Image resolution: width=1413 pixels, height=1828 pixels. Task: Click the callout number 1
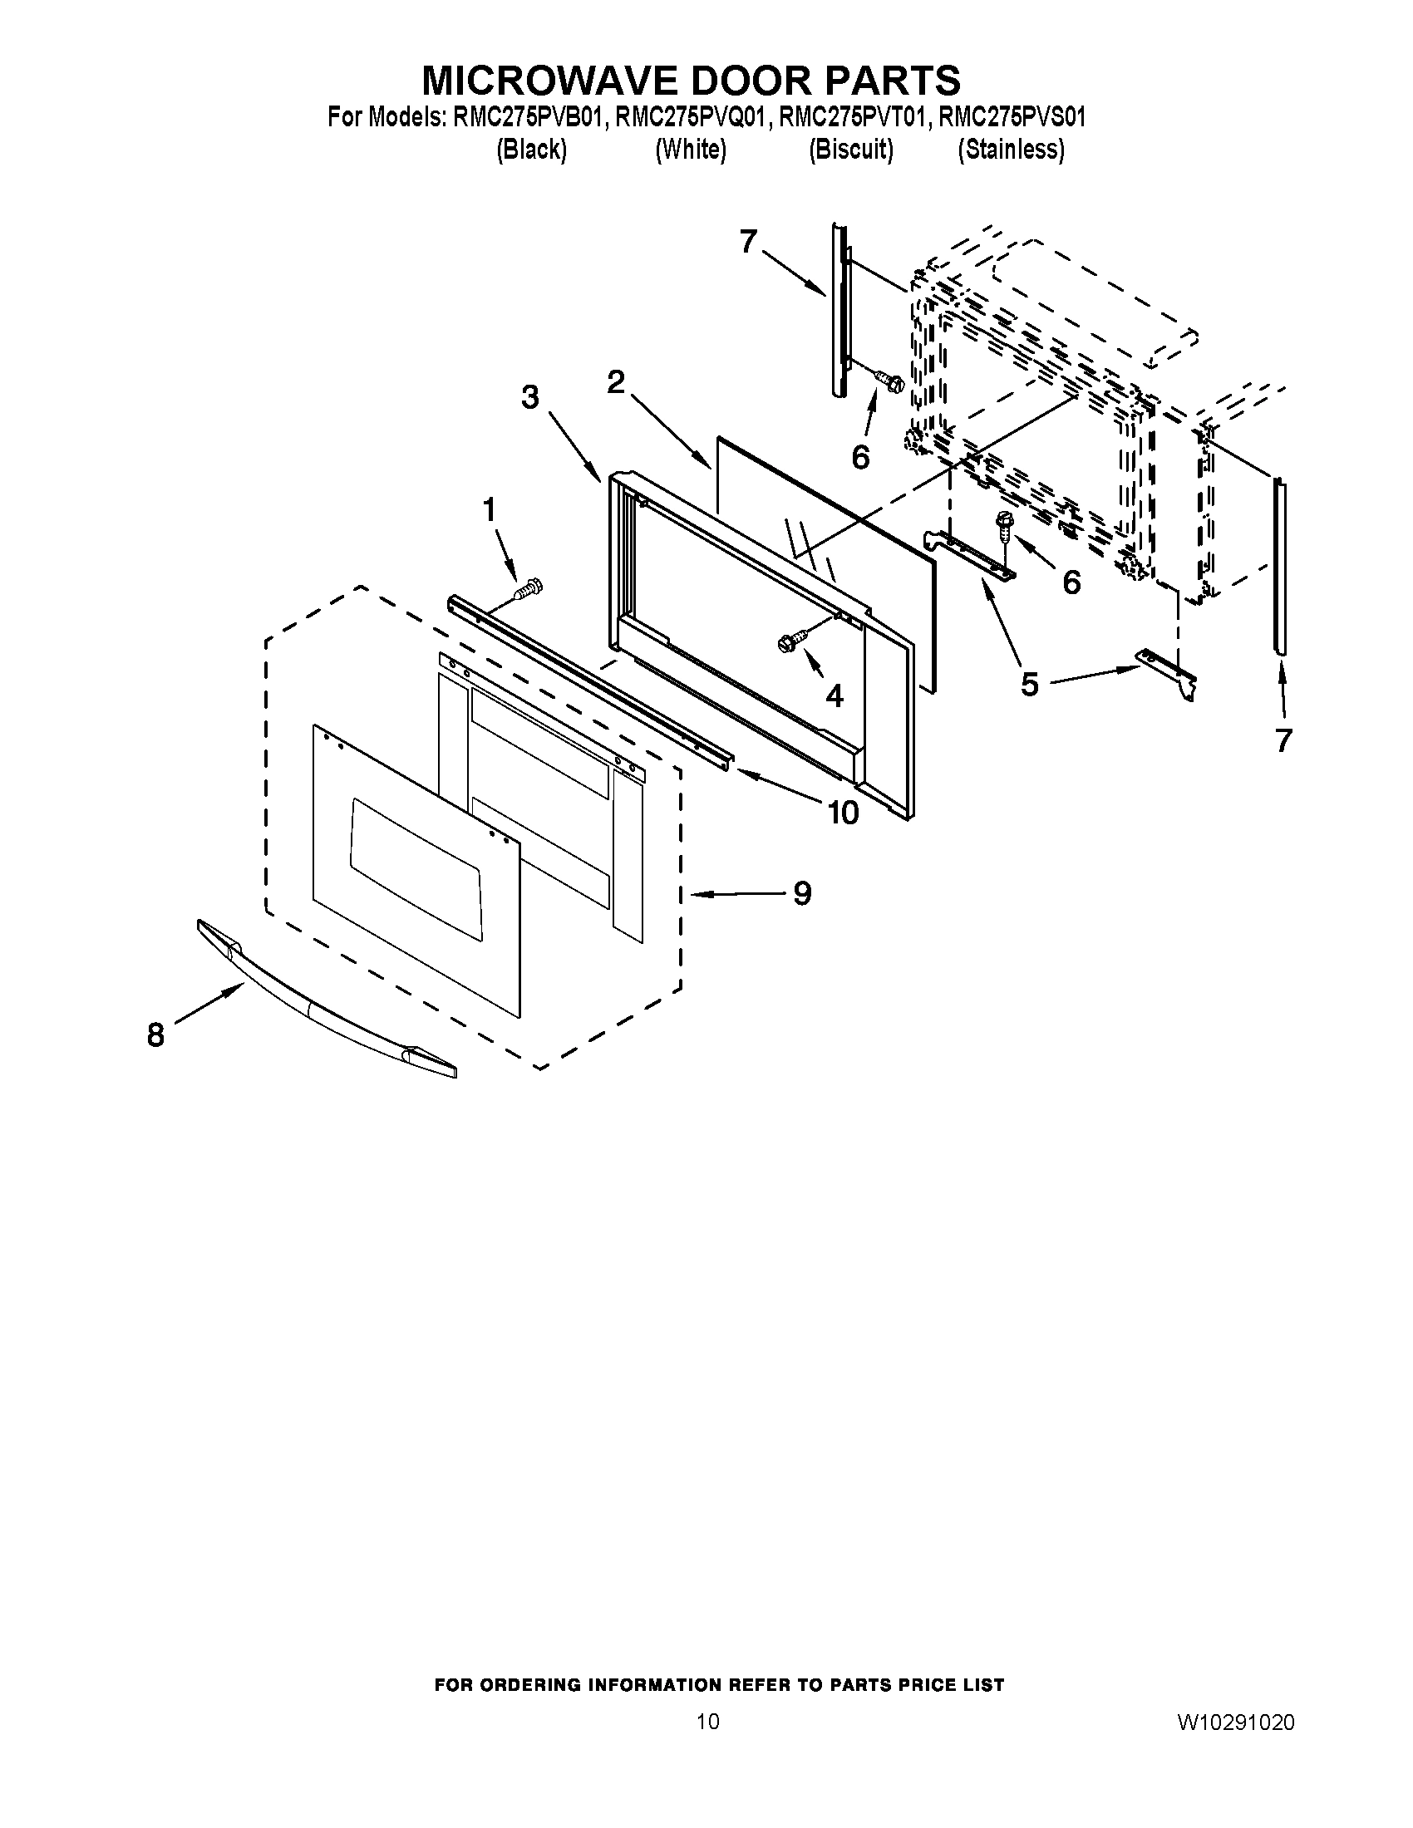coord(489,509)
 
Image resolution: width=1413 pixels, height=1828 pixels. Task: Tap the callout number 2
coord(616,382)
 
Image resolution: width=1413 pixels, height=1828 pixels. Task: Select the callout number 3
coord(530,397)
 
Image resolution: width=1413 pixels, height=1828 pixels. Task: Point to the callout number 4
coord(834,695)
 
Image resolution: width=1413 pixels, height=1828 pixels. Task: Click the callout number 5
coord(1030,685)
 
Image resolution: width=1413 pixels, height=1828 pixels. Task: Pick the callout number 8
coord(155,1035)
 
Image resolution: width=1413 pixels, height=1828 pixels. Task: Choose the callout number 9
coord(802,893)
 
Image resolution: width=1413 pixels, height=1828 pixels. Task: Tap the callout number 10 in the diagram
coord(843,812)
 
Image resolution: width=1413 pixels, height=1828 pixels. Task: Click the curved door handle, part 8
coord(327,1000)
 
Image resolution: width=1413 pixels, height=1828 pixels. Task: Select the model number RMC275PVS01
coord(1012,117)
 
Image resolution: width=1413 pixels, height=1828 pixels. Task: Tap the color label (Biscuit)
coord(850,150)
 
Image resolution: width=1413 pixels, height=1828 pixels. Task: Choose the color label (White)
coord(691,150)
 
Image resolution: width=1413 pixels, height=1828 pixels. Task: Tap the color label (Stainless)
coord(1012,150)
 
